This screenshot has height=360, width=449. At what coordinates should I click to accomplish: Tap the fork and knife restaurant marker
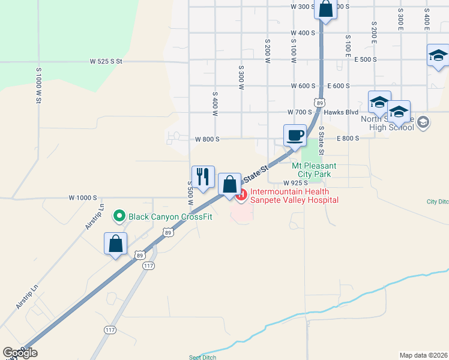203,177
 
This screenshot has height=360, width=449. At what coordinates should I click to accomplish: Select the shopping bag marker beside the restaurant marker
229,185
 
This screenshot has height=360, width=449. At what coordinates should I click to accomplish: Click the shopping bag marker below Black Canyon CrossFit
115,244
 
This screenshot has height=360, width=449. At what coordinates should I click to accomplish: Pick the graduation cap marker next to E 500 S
438,56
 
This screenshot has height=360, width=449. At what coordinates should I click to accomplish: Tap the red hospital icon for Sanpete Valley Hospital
241,194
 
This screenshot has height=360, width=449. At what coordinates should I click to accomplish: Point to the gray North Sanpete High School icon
423,122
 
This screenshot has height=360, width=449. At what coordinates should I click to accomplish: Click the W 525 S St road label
106,61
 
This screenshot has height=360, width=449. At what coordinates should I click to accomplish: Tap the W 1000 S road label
82,197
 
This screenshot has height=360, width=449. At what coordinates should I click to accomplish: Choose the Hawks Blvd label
340,112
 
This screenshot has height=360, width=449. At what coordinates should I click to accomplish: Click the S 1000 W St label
38,85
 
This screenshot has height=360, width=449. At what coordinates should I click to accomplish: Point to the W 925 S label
295,182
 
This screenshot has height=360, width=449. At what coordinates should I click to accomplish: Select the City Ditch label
438,202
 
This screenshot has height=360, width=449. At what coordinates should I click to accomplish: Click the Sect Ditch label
202,357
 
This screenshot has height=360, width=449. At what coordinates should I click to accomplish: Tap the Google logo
20,353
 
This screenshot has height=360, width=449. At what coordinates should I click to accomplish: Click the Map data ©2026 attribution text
424,355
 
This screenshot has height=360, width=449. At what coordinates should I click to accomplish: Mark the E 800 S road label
348,139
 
